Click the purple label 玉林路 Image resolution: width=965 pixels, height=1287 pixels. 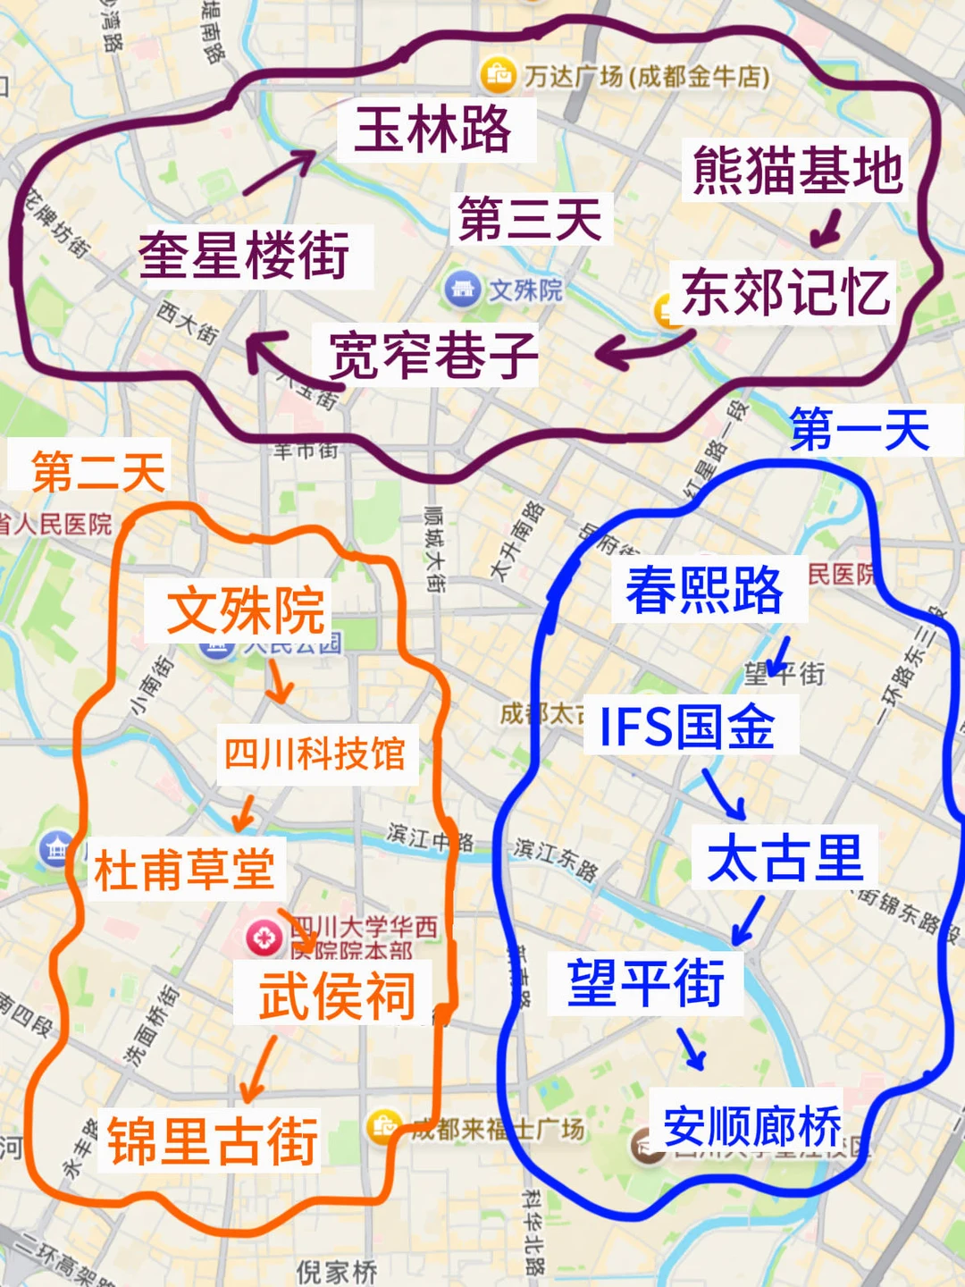click(x=433, y=130)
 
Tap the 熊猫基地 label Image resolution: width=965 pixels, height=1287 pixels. click(x=797, y=170)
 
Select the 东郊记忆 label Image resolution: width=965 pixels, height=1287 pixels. click(x=785, y=292)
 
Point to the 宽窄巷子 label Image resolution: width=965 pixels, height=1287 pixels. click(x=433, y=355)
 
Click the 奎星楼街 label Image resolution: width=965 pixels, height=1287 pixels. click(x=244, y=256)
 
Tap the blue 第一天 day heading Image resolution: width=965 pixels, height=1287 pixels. click(x=860, y=430)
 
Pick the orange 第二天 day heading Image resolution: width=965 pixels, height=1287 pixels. click(x=98, y=471)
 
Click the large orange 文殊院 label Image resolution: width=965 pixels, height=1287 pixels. click(x=246, y=610)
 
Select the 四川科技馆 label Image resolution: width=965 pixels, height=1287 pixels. click(x=315, y=754)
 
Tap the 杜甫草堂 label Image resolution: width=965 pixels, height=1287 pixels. click(x=184, y=869)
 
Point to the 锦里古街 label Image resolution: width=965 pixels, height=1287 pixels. click(x=213, y=1141)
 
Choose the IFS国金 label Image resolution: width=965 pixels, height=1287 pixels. click(x=686, y=726)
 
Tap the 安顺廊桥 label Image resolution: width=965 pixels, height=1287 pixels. click(x=751, y=1125)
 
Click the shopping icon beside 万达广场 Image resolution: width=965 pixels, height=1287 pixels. click(x=498, y=75)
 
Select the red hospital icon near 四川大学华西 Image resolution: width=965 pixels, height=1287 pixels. click(x=264, y=938)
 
